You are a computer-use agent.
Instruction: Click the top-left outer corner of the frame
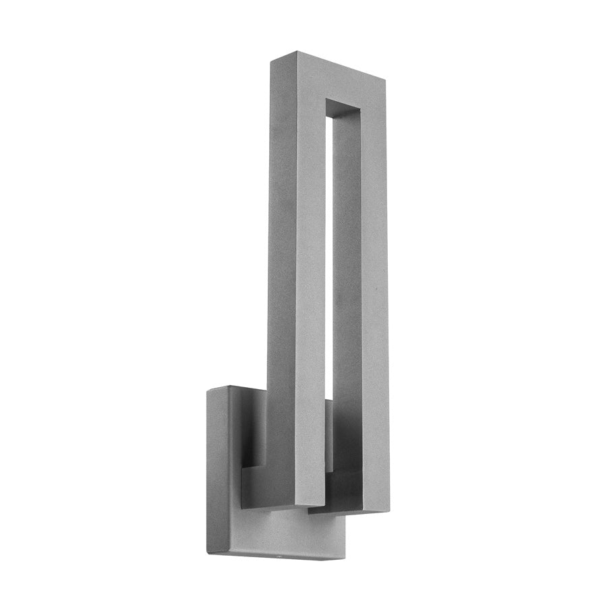[270, 60]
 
